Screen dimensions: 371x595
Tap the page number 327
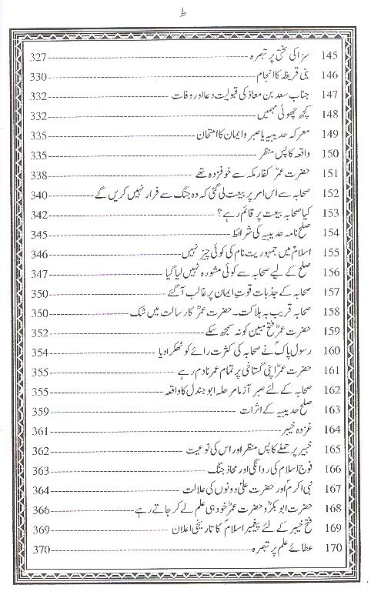pos(39,58)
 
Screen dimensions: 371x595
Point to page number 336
pos(39,154)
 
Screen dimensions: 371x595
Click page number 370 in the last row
pos(39,551)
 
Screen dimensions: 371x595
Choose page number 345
pos(39,234)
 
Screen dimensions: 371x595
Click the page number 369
pos(39,531)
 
